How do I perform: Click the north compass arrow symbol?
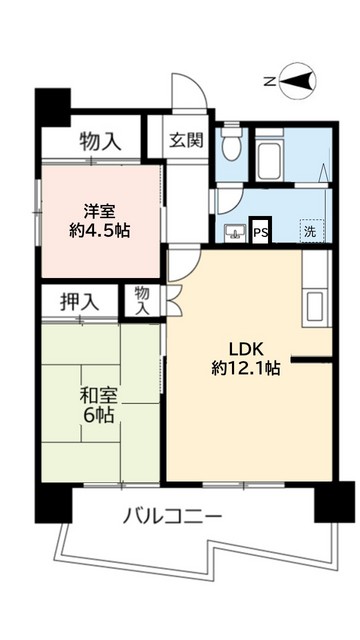(x=297, y=82)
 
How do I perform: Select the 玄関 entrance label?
(x=186, y=139)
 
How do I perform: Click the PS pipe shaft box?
(x=260, y=232)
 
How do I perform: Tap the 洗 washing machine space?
(x=312, y=231)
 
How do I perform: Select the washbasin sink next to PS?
(x=236, y=233)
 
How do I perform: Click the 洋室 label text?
(x=100, y=210)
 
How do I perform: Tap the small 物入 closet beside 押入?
(x=142, y=300)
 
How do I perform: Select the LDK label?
(x=246, y=348)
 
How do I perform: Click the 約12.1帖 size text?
(x=246, y=368)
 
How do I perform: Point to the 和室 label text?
(x=99, y=396)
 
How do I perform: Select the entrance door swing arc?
(x=195, y=95)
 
